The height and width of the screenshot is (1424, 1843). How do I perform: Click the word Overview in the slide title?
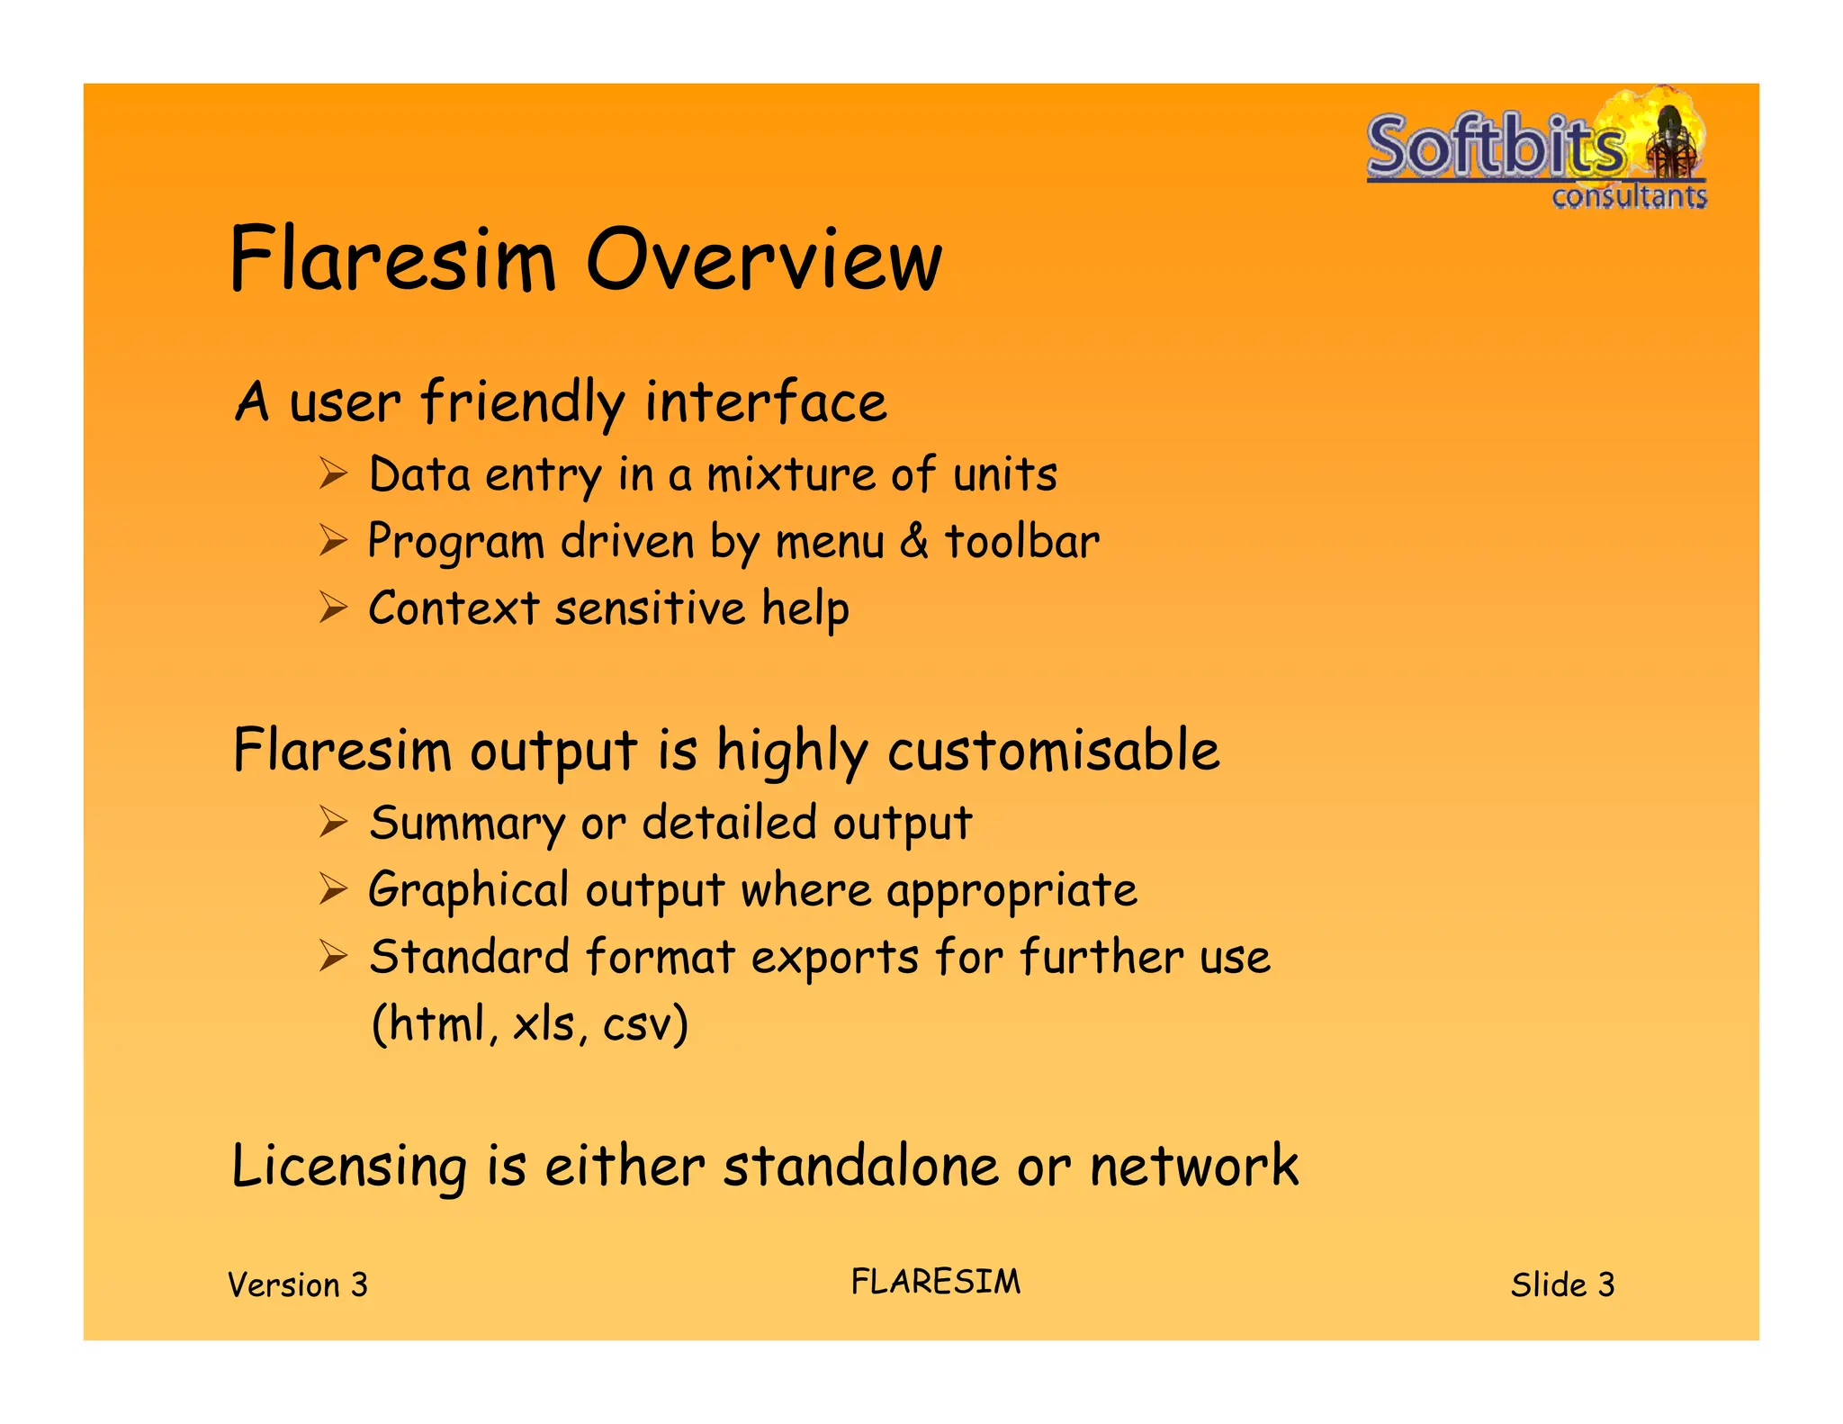coord(763,261)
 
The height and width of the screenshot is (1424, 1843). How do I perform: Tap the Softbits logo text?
coord(1496,146)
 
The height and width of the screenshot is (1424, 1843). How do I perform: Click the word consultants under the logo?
coord(1629,196)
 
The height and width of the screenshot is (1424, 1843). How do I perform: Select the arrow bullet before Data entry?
coord(333,473)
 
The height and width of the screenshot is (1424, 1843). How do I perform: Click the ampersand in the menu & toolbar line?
coord(914,541)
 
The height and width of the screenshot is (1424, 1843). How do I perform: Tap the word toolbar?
coord(1021,541)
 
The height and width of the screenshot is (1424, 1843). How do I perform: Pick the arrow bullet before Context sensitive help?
coord(333,608)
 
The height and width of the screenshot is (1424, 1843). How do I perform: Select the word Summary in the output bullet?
coord(467,824)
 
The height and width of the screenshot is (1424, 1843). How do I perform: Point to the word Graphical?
coord(469,891)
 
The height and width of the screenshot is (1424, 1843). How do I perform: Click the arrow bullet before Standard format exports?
coord(333,956)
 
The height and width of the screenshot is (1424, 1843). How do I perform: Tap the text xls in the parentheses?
coord(545,1023)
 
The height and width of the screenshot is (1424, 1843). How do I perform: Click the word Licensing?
coord(349,1167)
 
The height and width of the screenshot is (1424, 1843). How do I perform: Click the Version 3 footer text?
coord(298,1284)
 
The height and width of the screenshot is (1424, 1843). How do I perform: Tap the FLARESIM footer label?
coord(936,1282)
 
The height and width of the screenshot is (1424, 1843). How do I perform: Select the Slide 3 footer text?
coord(1562,1284)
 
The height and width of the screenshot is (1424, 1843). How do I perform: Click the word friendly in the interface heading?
coord(523,402)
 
